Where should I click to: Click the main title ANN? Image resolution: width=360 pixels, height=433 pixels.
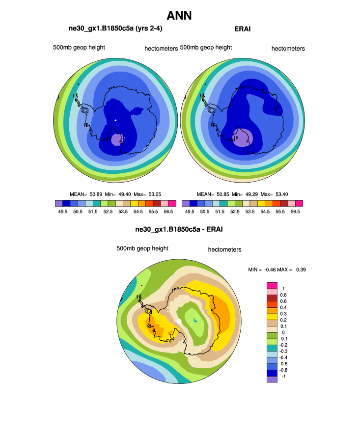coord(179,15)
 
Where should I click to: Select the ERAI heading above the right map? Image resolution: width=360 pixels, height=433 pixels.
coord(243,29)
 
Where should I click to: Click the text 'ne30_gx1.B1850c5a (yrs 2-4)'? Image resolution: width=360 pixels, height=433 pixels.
coord(115,28)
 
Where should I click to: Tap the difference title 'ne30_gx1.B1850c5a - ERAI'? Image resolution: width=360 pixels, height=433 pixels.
coord(179,229)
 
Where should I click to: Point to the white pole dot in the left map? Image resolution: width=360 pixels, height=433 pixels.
coord(115,120)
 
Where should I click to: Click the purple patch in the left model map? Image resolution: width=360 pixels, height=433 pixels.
coord(116,139)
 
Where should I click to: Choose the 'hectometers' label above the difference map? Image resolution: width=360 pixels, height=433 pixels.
coord(224,249)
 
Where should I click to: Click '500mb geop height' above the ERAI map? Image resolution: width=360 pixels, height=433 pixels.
coord(206,48)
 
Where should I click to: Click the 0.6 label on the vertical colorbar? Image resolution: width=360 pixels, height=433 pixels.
coord(283,301)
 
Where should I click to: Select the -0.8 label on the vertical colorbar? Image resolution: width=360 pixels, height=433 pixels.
coord(284,370)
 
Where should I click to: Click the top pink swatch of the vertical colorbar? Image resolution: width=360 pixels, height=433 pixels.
coord(272,285)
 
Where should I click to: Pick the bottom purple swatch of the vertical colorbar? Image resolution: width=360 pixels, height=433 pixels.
coord(272,379)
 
